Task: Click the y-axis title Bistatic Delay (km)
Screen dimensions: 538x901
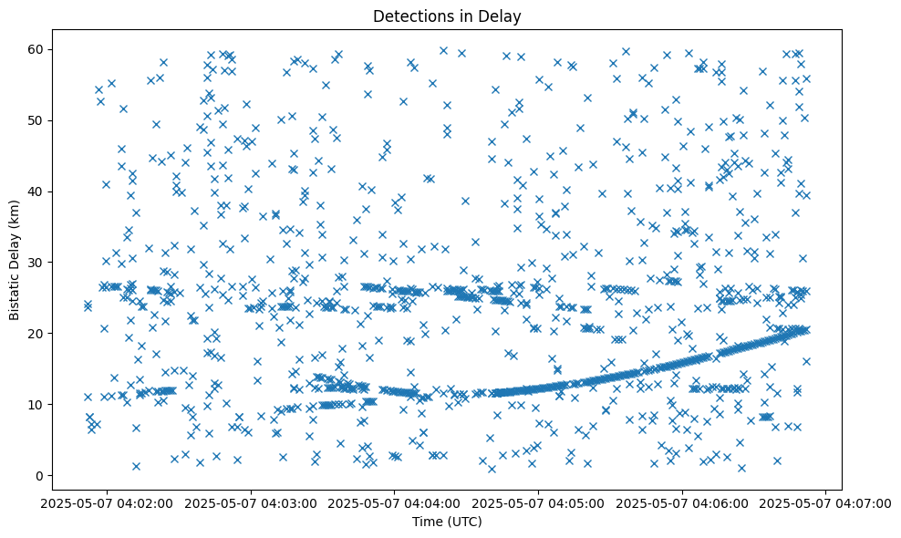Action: point(15,261)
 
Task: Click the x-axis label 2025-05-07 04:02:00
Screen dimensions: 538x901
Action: point(106,502)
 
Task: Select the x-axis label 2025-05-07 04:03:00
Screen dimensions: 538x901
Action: point(250,502)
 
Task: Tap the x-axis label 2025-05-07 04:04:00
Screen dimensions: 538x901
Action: point(394,502)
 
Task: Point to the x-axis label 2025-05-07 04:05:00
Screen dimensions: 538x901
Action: point(538,502)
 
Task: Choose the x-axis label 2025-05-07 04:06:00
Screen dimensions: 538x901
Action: point(682,502)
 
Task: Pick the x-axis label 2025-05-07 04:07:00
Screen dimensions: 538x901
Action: point(826,502)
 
